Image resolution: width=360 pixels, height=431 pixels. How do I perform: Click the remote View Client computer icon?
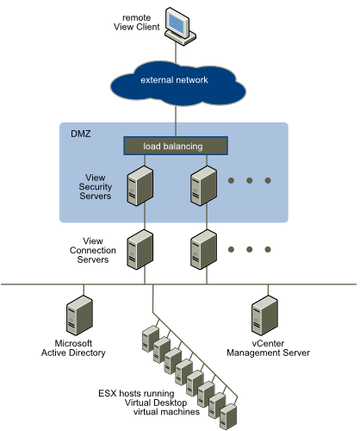click(180, 26)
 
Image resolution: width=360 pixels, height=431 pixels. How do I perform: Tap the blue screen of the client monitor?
click(177, 22)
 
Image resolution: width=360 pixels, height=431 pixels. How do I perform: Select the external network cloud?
click(178, 84)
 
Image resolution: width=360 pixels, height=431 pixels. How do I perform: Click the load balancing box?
click(176, 146)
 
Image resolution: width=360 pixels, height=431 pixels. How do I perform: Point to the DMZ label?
click(81, 134)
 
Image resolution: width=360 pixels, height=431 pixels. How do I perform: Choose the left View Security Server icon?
click(140, 185)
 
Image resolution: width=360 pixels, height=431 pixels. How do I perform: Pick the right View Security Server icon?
click(203, 185)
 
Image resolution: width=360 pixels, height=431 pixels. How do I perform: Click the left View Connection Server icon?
click(140, 249)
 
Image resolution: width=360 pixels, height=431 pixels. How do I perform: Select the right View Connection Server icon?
click(203, 249)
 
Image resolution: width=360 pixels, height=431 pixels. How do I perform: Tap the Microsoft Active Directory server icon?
click(79, 315)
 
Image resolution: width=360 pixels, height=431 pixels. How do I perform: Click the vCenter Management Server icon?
click(264, 315)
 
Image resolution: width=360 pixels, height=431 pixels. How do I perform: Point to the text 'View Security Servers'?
click(96, 187)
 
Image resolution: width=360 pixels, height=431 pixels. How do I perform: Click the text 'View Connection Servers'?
click(93, 250)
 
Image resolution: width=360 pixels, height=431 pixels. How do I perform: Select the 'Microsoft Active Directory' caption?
click(73, 348)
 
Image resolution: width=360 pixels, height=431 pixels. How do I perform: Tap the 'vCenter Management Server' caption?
click(268, 348)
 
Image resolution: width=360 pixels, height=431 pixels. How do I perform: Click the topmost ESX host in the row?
click(151, 339)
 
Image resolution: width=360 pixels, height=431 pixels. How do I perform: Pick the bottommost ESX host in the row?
click(228, 416)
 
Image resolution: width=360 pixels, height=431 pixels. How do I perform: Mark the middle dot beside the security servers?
click(249, 180)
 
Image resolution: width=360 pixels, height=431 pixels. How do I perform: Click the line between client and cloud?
click(176, 53)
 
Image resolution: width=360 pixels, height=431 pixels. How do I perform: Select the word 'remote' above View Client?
click(137, 18)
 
